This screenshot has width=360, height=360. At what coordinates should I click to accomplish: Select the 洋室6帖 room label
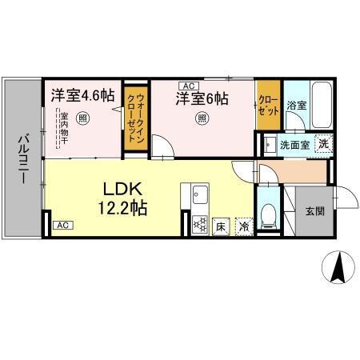pos(202,99)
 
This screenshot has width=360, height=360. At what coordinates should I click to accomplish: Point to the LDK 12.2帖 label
pos(122,198)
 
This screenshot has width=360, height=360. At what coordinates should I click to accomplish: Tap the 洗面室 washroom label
pos(293,146)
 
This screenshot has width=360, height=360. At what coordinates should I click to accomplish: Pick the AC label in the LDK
pos(62,226)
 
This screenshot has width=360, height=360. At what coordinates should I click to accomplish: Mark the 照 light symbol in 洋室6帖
pos(202,119)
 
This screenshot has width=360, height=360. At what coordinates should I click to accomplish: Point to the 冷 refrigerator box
pos(243,226)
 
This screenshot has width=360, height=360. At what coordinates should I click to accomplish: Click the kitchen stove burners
pos(198,225)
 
